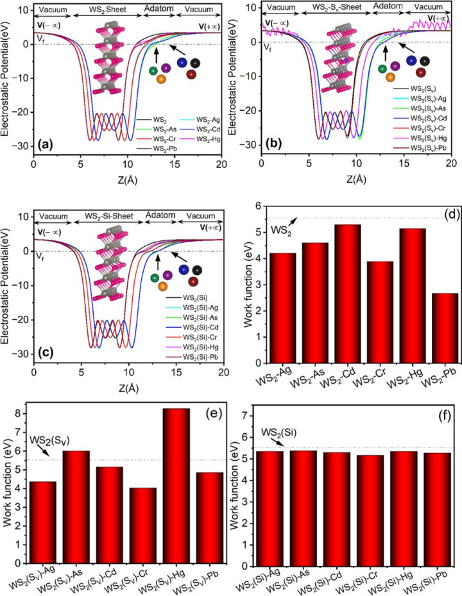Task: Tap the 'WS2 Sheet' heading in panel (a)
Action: [x=105, y=11]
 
